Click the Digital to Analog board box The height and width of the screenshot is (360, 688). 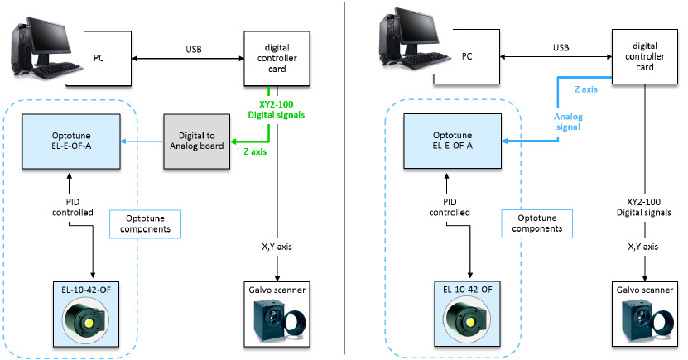point(196,142)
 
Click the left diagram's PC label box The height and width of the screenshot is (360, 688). point(94,57)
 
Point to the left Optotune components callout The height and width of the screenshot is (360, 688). point(145,221)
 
